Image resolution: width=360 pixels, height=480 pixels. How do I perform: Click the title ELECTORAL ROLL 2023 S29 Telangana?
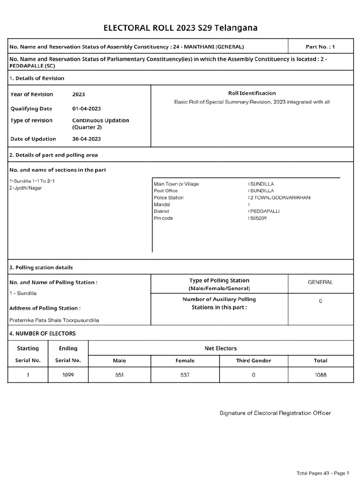180,29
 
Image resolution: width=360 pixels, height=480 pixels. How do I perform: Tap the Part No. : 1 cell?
320,47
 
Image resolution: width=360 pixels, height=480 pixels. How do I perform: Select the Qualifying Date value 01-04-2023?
86,109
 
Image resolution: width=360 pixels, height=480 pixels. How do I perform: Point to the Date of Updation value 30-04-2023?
86,139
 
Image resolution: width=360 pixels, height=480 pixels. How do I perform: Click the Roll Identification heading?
252,93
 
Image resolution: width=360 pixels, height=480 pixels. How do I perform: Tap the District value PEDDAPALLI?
264,211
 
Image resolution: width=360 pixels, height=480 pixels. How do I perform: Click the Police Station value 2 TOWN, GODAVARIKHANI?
279,198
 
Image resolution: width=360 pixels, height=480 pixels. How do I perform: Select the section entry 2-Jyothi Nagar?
26,188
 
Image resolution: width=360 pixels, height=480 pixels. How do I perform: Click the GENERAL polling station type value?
320,282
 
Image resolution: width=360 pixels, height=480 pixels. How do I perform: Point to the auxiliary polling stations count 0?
320,301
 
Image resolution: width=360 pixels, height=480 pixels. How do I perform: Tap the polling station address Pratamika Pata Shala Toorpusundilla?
54,320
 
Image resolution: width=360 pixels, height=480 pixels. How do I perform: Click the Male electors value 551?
119,375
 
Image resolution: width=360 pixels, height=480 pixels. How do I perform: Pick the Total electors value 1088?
320,375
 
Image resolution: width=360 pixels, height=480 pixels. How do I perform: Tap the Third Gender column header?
254,360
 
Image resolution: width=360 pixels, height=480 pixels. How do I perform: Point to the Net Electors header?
221,348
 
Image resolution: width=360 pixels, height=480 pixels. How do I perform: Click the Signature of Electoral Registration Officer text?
275,413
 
